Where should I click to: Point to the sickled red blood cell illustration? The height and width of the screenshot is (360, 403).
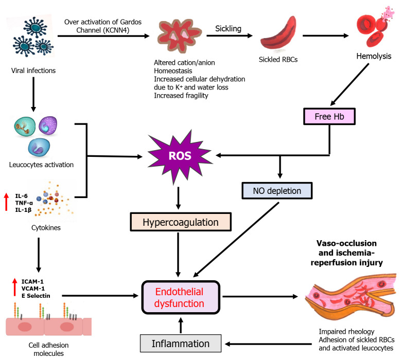pos(278,39)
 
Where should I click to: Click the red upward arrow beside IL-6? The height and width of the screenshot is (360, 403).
pos(7,201)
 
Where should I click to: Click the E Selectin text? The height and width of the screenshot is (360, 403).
pos(32,295)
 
